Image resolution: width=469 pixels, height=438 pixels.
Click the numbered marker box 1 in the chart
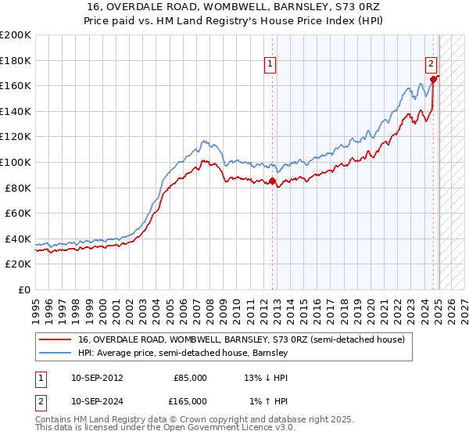tap(270, 65)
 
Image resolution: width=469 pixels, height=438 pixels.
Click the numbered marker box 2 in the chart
tap(431, 65)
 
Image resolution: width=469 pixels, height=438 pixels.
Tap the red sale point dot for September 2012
tap(273, 181)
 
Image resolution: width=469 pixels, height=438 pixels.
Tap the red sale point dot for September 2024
tap(435, 79)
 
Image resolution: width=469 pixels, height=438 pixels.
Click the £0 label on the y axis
tap(23, 289)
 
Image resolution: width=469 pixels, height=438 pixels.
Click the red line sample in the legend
tap(55, 340)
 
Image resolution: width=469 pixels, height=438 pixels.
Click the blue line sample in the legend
tap(55, 354)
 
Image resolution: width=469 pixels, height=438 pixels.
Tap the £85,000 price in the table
tap(190, 378)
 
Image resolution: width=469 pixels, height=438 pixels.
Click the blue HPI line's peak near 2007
tap(202, 141)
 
